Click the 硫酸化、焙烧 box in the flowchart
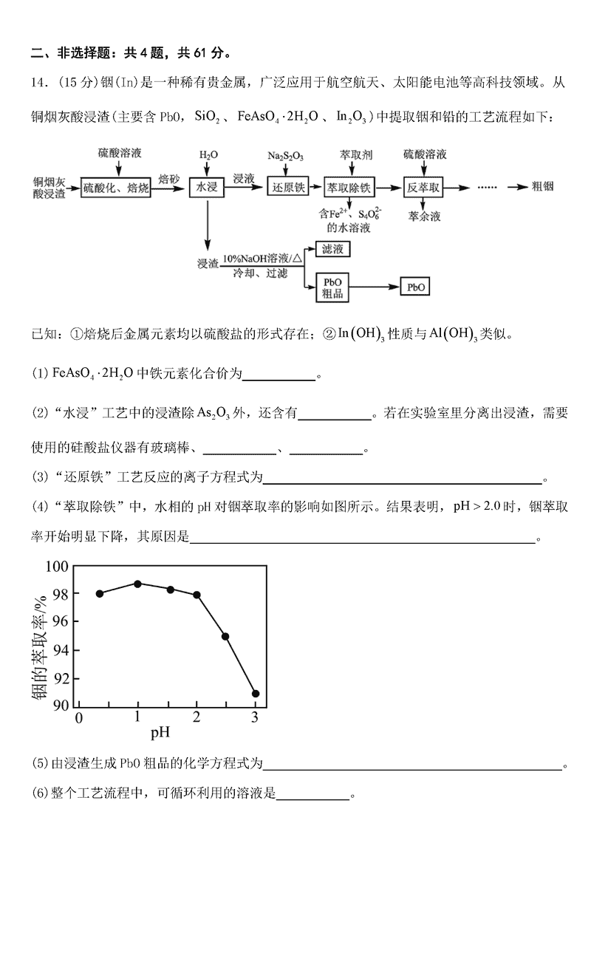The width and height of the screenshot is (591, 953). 116,188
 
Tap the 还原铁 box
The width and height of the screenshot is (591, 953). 287,188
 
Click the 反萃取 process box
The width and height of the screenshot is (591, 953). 423,188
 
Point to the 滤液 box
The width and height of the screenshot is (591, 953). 332,250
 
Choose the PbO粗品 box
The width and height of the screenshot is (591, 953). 332,287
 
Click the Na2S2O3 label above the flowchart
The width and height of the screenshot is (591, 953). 286,157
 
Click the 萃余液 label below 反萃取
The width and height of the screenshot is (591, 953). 423,217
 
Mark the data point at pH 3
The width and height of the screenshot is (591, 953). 256,694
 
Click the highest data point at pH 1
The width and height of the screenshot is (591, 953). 137,584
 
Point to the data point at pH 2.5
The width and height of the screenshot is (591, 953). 225,636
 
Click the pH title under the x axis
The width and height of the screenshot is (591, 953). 160,734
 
